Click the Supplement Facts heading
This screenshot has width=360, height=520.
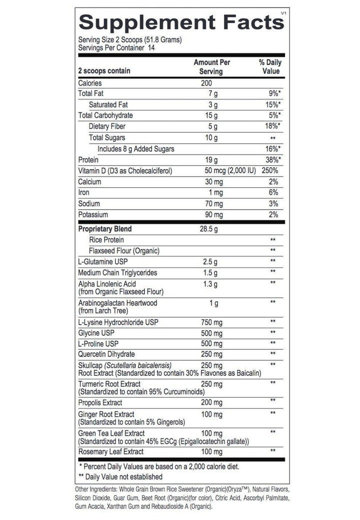(x=179, y=23)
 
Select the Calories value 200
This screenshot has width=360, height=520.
(x=207, y=83)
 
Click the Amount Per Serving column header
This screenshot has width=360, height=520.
(x=212, y=67)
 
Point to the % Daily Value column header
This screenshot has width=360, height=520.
(x=269, y=67)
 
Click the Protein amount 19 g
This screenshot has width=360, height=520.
(x=213, y=160)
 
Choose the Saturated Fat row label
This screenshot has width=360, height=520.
(x=110, y=105)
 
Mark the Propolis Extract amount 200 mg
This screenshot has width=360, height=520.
(x=212, y=402)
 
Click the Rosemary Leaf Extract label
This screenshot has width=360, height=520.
(x=111, y=452)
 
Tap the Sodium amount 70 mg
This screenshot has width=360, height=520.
(x=212, y=204)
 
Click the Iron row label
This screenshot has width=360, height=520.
(x=83, y=193)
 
